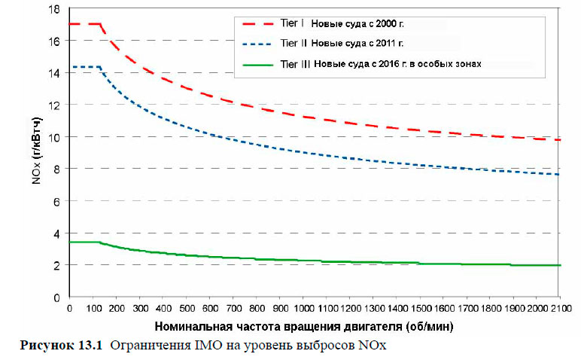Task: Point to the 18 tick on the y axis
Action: pos(56,9)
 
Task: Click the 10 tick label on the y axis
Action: pos(56,137)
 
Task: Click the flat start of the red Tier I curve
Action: pos(84,24)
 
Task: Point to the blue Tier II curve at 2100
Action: pos(558,174)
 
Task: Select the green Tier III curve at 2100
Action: pos(558,265)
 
